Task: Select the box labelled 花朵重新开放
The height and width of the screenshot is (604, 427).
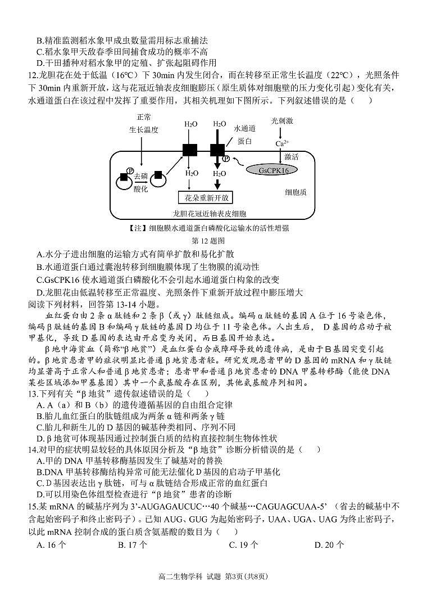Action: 205,197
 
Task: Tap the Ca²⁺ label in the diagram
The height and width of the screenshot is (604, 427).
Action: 282,143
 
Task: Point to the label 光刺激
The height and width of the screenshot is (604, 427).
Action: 282,121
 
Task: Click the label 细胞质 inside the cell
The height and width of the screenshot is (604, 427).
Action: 296,192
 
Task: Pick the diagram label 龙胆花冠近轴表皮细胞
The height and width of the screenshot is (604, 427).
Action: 211,214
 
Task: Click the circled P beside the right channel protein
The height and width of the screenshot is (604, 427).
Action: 226,158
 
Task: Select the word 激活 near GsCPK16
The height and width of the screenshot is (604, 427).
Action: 292,156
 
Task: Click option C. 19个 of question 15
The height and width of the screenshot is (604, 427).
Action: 244,544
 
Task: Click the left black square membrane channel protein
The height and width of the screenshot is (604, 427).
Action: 190,150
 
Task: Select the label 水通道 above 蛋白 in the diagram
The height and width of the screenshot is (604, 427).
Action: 245,128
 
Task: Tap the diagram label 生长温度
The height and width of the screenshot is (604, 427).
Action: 144,129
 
